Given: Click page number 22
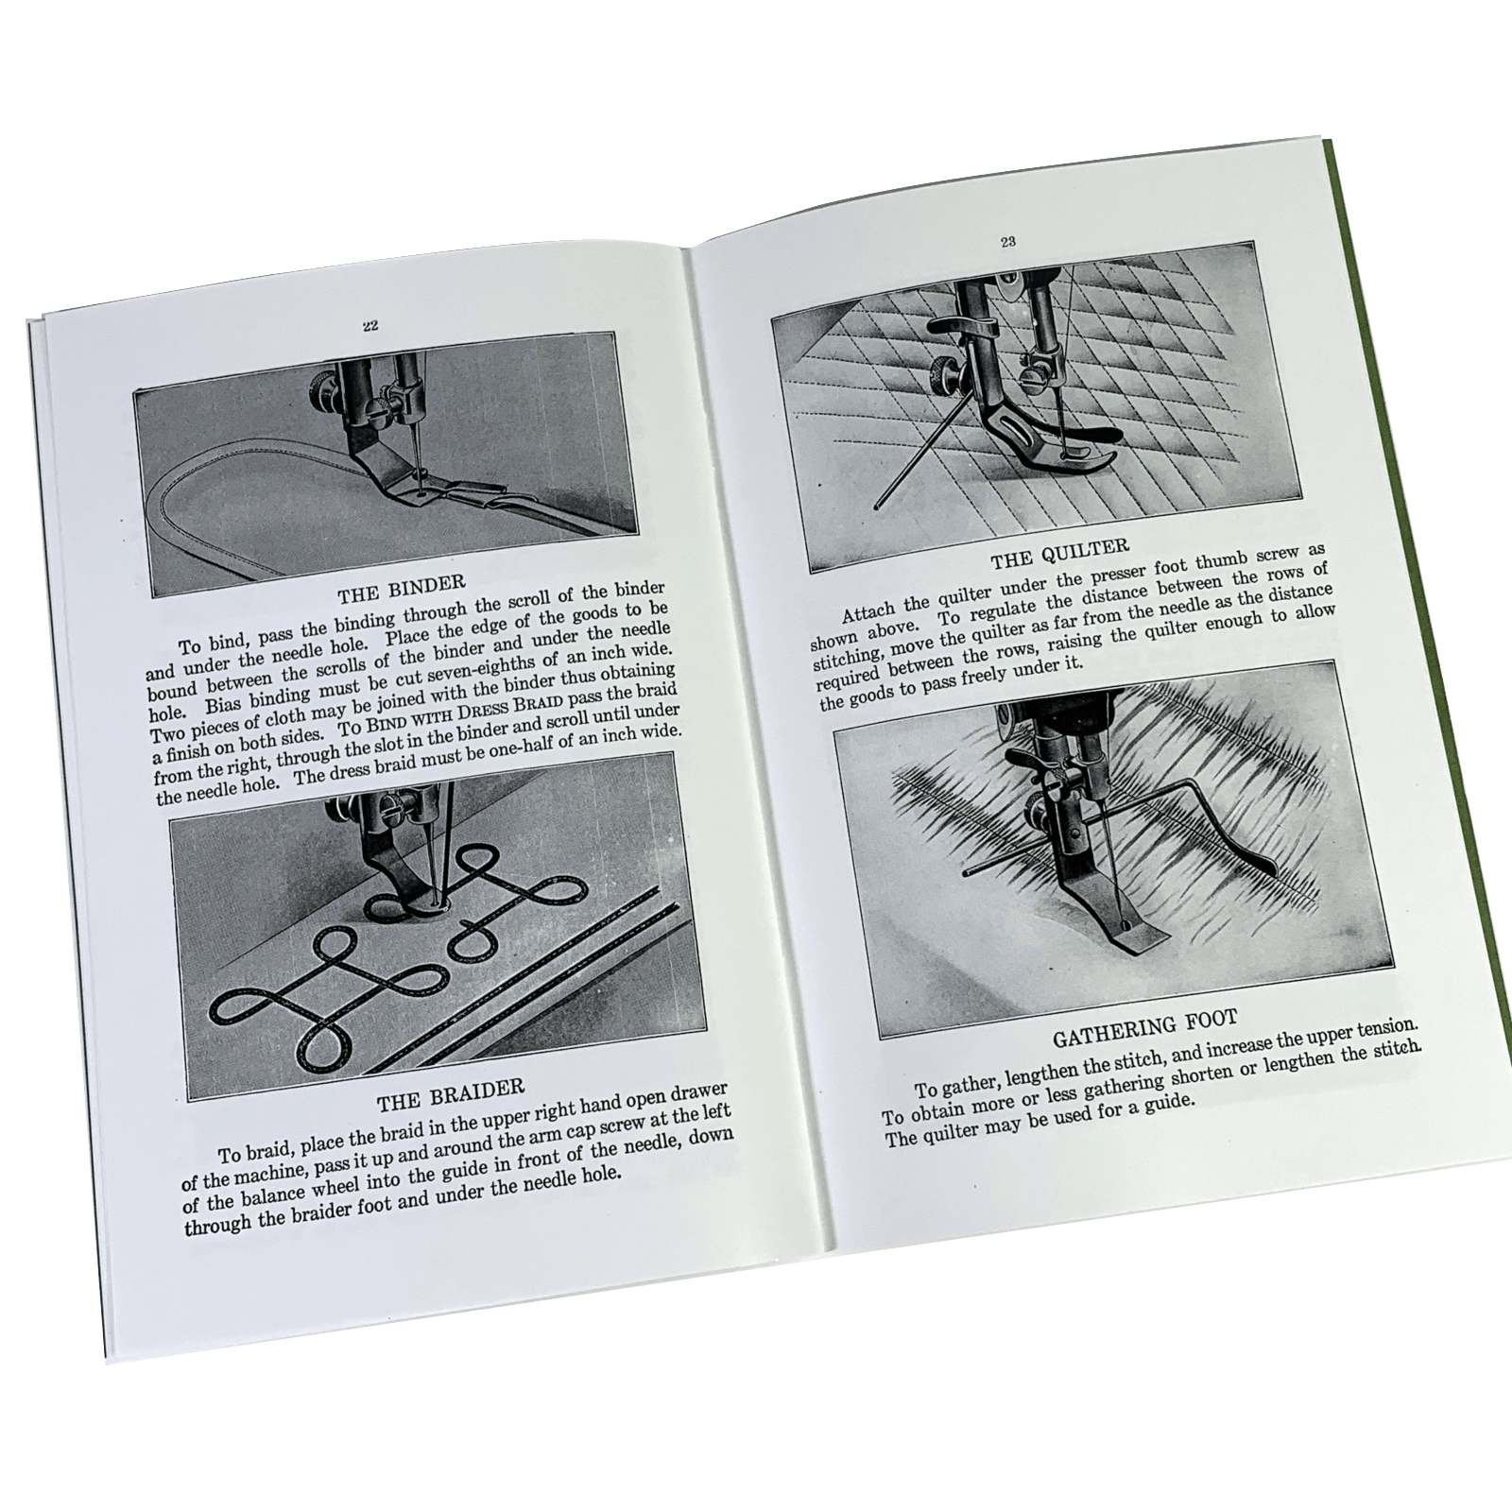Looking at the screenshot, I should pos(369,326).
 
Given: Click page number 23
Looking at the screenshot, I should pos(1007,242).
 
